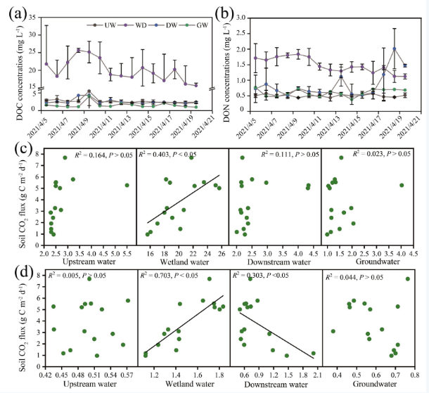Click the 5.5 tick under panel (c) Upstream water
tap(127, 251)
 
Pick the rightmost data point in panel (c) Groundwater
tap(402, 185)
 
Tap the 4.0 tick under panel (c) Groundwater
tap(401, 251)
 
